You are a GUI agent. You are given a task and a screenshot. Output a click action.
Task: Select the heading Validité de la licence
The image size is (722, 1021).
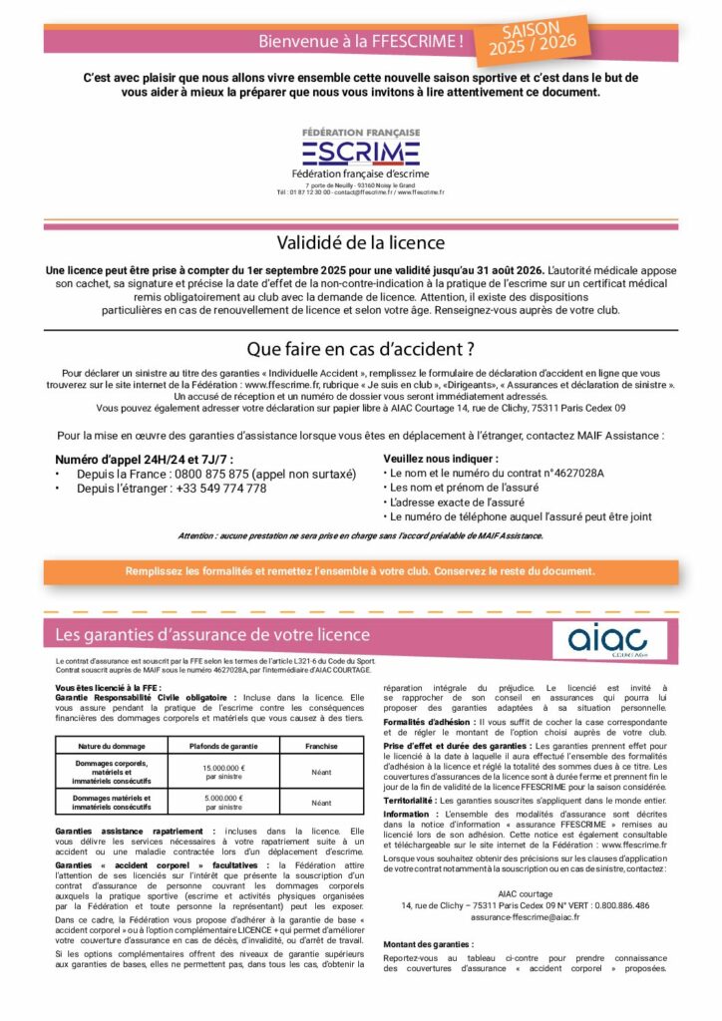click(x=360, y=242)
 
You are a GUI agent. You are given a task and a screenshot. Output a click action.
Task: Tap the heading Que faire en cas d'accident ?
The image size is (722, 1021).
click(x=360, y=349)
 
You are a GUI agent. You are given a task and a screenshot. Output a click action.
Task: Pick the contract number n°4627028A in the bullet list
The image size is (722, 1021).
click(x=571, y=472)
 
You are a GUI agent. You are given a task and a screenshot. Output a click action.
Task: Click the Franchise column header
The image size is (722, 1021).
click(x=320, y=745)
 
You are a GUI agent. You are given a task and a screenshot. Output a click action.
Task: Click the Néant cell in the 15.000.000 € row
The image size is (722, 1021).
click(x=320, y=772)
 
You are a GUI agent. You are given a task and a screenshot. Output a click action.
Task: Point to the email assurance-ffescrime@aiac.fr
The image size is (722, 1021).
click(x=525, y=915)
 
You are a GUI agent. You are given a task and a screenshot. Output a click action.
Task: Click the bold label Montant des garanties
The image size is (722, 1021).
click(x=428, y=943)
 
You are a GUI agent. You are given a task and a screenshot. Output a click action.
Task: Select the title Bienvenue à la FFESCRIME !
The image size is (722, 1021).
click(x=360, y=41)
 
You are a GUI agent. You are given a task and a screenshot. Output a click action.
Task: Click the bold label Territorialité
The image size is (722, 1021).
click(x=416, y=800)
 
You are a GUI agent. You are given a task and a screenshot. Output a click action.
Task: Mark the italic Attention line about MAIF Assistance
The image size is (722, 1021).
click(x=360, y=535)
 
